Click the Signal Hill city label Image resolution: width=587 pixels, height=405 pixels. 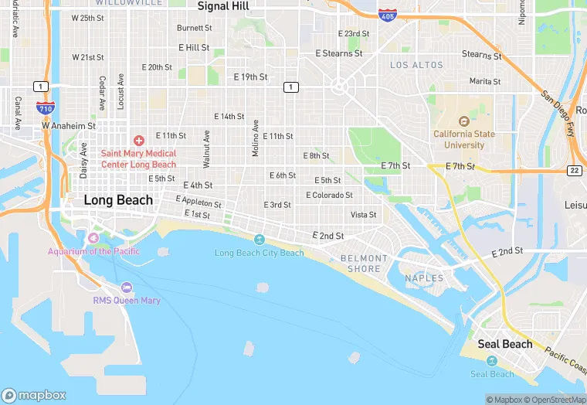(x=224, y=6)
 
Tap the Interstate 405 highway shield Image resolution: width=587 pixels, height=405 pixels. (x=388, y=15)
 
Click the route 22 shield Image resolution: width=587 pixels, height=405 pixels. (x=574, y=170)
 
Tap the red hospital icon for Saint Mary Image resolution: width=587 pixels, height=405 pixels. (x=138, y=140)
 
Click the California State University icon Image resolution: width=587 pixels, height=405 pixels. (x=463, y=121)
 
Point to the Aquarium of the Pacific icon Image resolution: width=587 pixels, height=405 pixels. (x=93, y=237)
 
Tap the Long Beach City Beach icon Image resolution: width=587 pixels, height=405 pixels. (x=259, y=240)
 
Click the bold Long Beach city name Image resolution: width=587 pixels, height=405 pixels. (x=118, y=200)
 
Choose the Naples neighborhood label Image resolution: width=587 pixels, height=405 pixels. (x=424, y=277)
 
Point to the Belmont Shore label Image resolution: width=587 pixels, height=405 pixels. (x=364, y=264)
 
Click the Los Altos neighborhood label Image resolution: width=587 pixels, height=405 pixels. (x=417, y=66)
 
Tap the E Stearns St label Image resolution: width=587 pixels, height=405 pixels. (x=339, y=53)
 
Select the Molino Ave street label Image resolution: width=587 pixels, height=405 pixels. (x=256, y=138)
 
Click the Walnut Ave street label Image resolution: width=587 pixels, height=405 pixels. (x=206, y=148)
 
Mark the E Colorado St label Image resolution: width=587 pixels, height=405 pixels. (x=329, y=196)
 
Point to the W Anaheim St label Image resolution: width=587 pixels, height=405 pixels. (x=69, y=125)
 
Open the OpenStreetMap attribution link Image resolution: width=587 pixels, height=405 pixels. (x=555, y=400)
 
